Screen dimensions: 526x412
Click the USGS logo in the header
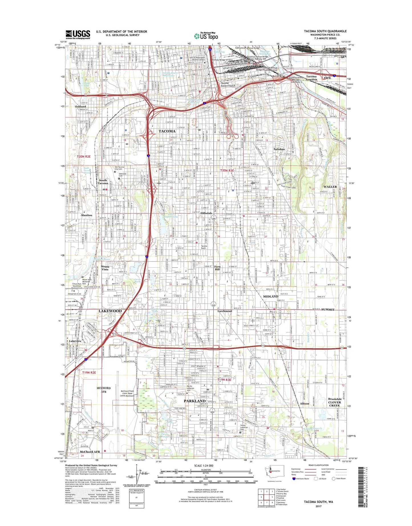point(78,35)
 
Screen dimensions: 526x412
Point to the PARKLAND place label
point(195,401)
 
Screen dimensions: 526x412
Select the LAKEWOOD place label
point(110,311)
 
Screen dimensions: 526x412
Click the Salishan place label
point(279,149)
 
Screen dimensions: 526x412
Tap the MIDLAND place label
point(271,296)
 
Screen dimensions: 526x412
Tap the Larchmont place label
point(225,311)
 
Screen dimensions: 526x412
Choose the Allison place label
point(304,403)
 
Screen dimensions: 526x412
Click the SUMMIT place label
point(328,310)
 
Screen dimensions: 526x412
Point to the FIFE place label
point(328,78)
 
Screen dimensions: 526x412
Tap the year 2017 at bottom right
point(318,506)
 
